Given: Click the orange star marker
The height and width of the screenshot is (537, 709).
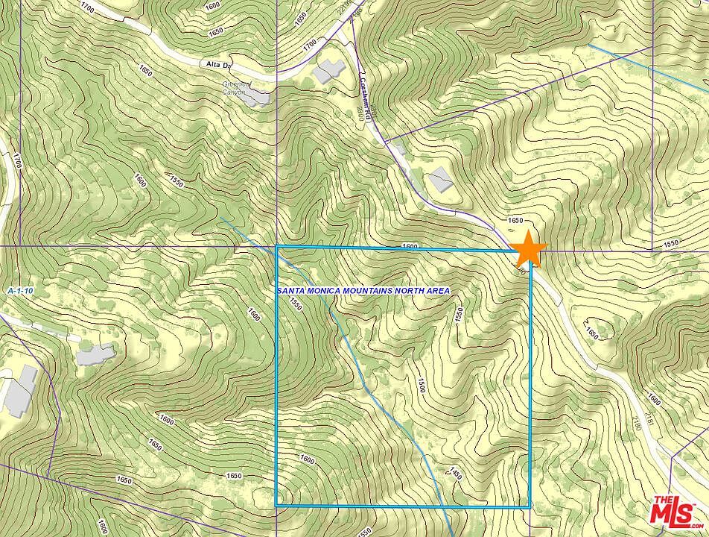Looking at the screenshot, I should tap(529, 249).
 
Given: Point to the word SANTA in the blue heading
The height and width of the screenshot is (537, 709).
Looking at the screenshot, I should tap(292, 291).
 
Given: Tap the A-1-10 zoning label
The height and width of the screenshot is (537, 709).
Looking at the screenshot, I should tap(21, 289).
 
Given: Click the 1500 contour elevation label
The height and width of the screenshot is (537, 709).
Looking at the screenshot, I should tap(421, 386).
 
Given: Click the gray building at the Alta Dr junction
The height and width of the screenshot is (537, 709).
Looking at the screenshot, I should tap(328, 71).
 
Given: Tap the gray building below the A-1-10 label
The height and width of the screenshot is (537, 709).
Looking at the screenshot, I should tap(95, 353).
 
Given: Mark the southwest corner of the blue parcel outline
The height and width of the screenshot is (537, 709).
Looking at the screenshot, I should tap(277, 506).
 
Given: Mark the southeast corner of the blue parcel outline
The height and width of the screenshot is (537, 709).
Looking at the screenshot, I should tap(530, 506).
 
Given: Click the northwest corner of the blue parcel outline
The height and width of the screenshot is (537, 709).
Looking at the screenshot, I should tap(277, 246).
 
